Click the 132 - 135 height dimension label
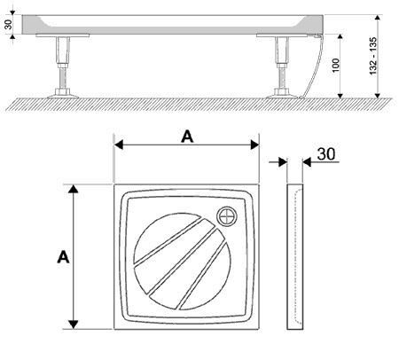(x=373, y=56)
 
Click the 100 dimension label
(x=336, y=66)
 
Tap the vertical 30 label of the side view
(x=8, y=24)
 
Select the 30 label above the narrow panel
(x=326, y=154)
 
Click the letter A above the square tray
(x=187, y=137)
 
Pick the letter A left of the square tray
(x=63, y=257)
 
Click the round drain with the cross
(x=227, y=216)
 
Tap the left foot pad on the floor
(x=63, y=96)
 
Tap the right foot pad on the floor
(x=282, y=96)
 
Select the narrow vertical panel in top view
(x=295, y=256)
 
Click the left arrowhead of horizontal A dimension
(x=119, y=145)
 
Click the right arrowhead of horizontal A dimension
(x=254, y=145)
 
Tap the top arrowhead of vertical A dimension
(x=73, y=189)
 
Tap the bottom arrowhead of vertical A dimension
(x=73, y=325)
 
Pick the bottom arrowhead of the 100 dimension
(x=340, y=96)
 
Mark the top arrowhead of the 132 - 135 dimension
(x=377, y=18)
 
